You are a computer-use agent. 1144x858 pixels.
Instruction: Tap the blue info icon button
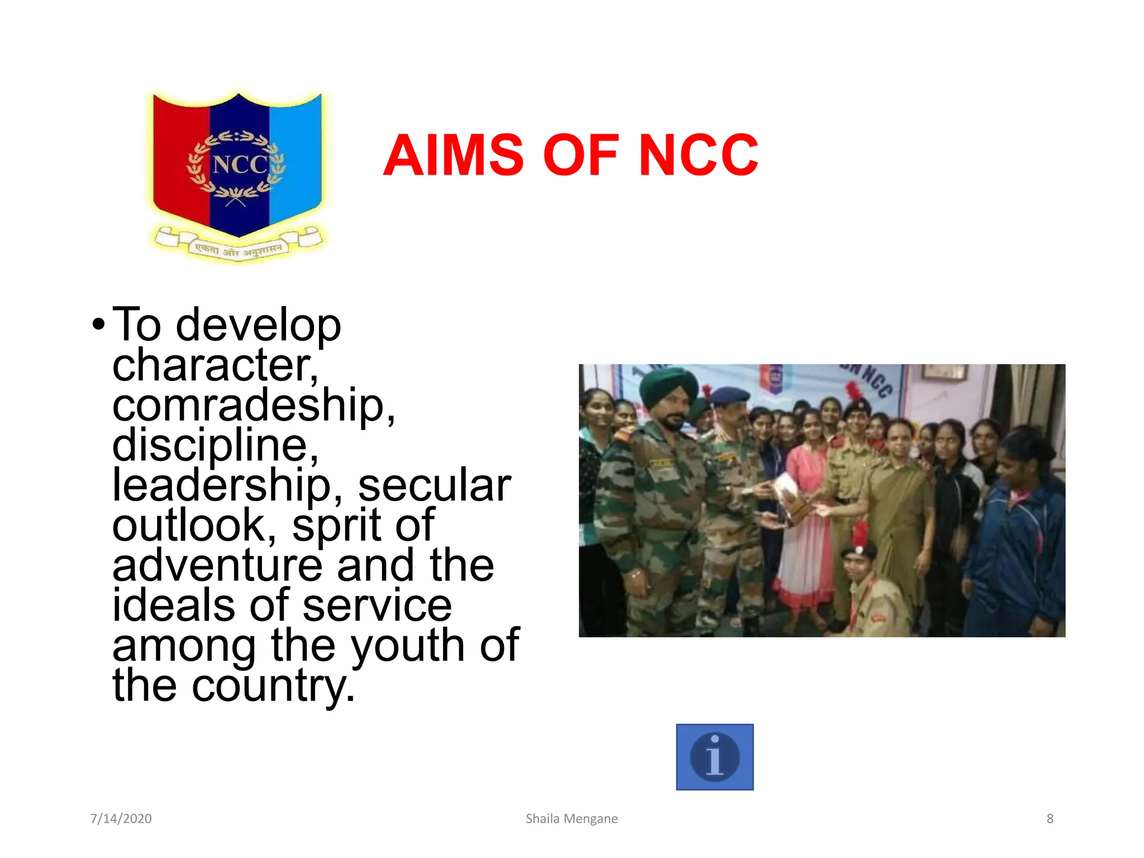tap(714, 757)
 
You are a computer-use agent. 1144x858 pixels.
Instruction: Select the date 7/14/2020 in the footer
tap(121, 818)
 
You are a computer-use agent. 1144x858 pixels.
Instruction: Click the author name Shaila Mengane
tap(571, 818)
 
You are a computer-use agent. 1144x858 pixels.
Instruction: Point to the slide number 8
tap(1050, 818)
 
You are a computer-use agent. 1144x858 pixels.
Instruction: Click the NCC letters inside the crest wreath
tap(240, 164)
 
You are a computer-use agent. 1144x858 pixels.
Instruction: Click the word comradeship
tap(253, 406)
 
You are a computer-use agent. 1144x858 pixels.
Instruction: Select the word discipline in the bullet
tap(215, 445)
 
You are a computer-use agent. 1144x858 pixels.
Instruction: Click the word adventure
tap(217, 565)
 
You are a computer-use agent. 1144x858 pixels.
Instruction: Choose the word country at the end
tap(273, 686)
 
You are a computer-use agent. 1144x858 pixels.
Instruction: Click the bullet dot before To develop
tap(98, 325)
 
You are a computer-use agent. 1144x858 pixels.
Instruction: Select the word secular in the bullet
tap(434, 485)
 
